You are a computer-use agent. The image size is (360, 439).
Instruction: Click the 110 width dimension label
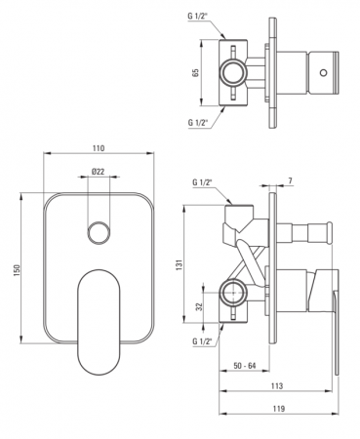[99, 148]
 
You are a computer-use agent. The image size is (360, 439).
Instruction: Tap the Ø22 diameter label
[99, 172]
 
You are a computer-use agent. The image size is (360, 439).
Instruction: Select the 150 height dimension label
[18, 270]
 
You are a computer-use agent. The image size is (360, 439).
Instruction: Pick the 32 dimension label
[200, 306]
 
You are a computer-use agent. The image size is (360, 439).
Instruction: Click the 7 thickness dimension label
[290, 181]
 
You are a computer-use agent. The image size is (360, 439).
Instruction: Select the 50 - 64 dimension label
[245, 366]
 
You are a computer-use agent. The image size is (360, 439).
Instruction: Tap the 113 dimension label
[276, 386]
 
